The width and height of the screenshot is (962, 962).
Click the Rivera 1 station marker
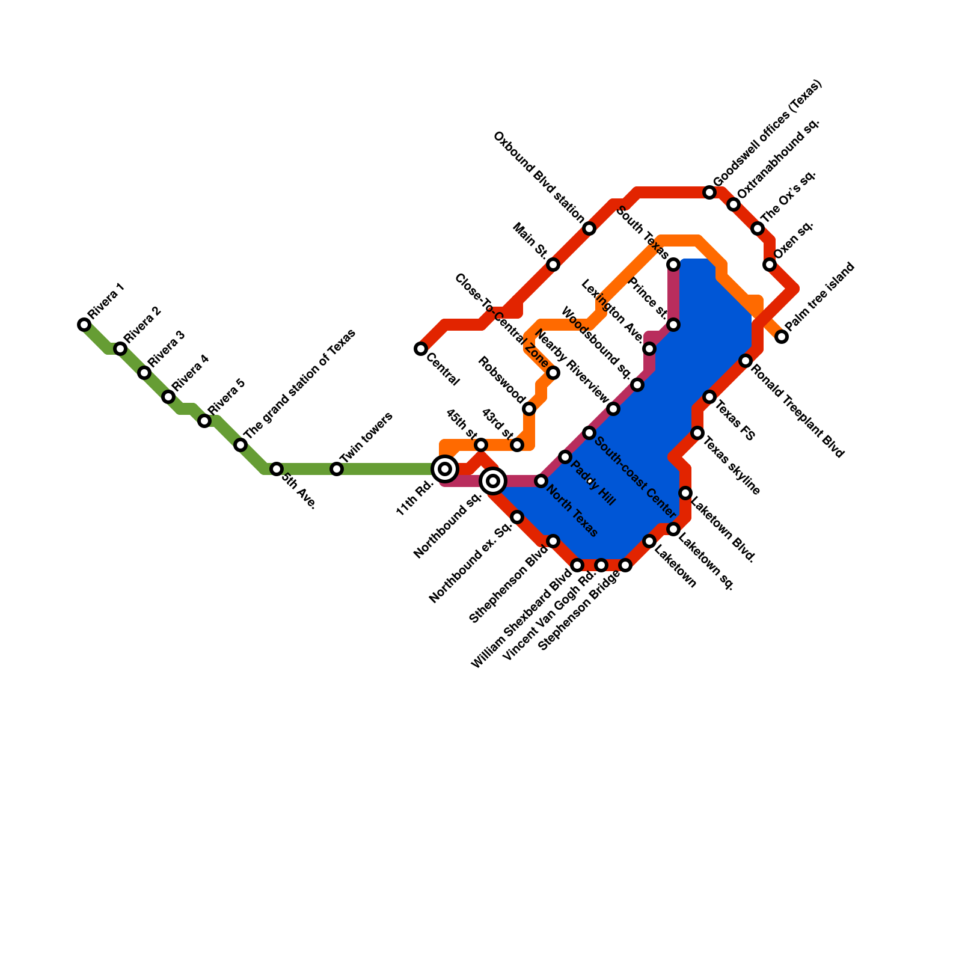pyautogui.click(x=84, y=325)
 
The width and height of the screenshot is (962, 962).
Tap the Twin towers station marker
pyautogui.click(x=337, y=469)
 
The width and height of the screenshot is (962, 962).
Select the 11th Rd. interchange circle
pyautogui.click(x=445, y=469)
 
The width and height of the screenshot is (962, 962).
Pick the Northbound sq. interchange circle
pyautogui.click(x=493, y=481)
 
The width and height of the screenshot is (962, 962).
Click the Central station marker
pyautogui.click(x=421, y=349)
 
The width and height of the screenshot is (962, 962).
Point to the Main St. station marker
pyautogui.click(x=553, y=265)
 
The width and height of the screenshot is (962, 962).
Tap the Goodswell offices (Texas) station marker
pyautogui.click(x=709, y=192)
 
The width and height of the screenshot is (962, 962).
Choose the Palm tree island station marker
pyautogui.click(x=782, y=337)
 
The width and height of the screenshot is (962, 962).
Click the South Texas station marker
pyautogui.click(x=673, y=265)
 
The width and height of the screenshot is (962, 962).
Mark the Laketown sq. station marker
pyautogui.click(x=673, y=529)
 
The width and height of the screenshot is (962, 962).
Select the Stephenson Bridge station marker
pyautogui.click(x=625, y=565)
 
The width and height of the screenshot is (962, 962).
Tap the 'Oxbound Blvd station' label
pyautogui.click(x=538, y=177)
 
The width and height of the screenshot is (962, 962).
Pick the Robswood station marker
pyautogui.click(x=529, y=409)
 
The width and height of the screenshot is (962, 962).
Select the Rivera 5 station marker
pyautogui.click(x=204, y=421)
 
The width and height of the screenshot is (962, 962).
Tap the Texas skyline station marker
pyautogui.click(x=697, y=433)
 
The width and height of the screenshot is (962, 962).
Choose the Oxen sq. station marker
pyautogui.click(x=770, y=265)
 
